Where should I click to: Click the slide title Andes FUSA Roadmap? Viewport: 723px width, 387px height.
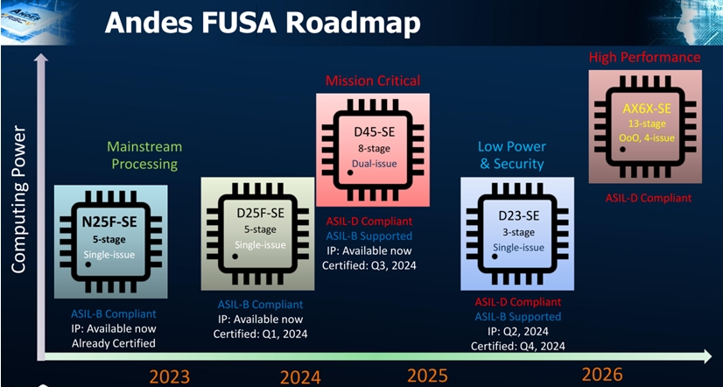263,23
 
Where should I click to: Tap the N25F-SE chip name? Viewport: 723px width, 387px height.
109,222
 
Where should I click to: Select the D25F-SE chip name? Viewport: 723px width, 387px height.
261,213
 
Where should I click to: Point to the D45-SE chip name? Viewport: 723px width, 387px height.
375,132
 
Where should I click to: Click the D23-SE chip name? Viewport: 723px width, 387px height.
519,216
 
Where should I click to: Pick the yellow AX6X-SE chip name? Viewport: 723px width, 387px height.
647,109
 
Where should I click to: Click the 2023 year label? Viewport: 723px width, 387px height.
169,376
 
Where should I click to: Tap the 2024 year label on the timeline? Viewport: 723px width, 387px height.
300,376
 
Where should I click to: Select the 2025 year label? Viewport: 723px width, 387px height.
427,376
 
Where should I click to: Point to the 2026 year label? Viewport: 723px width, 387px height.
602,374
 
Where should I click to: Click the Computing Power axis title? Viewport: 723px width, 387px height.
18,199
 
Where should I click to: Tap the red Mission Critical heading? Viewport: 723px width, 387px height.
373,81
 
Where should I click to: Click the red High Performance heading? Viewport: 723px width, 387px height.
644,58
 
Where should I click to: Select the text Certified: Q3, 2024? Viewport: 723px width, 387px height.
369,265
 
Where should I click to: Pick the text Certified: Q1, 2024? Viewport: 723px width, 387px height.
260,334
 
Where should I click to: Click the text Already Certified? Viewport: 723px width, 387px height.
114,343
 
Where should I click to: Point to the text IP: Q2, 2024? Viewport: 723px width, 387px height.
518,331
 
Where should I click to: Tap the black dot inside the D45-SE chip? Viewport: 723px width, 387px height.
350,172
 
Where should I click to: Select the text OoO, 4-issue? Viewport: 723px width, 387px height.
646,138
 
